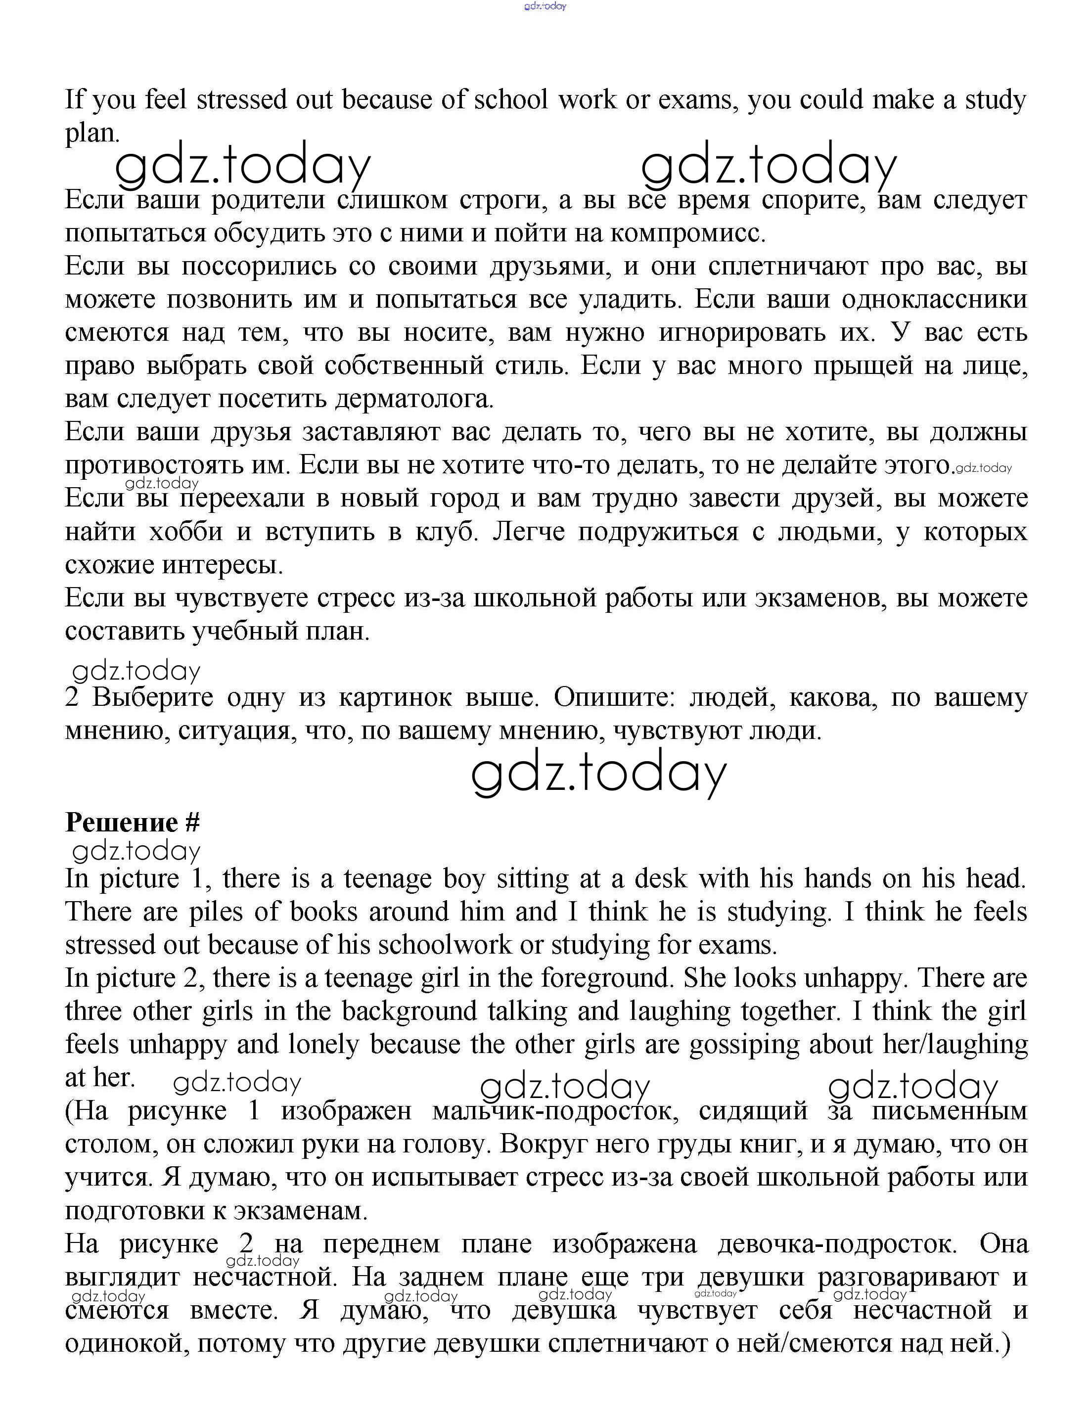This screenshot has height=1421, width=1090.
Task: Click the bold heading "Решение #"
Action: pos(133,823)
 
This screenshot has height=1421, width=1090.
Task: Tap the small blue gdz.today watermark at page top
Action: pos(545,6)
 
